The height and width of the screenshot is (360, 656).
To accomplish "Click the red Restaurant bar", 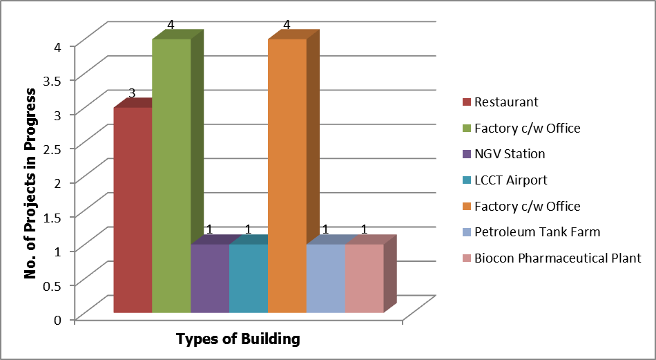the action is coord(133,210).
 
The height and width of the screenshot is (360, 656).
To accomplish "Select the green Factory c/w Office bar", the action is coord(171,176).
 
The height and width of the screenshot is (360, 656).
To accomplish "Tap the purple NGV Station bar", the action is coord(210,278).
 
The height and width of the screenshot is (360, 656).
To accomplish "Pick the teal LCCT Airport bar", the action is coord(249,278).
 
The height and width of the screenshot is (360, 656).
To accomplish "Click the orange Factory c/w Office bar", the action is coord(287,176).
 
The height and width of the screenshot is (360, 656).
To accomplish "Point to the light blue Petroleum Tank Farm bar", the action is coord(326,278).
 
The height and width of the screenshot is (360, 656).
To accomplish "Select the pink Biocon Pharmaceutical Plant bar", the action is coord(365,278).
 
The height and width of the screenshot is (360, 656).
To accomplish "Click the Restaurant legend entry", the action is coord(501,102).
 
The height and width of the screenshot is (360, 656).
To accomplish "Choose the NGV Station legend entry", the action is coord(503,154).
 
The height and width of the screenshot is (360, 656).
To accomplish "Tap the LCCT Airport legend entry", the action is coord(505,180).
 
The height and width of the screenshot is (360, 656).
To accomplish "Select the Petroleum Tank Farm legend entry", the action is coord(531,232).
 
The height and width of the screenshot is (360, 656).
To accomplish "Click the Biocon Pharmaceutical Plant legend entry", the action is coord(552,258).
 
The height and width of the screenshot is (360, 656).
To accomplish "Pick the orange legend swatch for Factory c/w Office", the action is coord(466,207).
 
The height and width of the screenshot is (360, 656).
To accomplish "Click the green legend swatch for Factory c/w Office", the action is coord(466,129).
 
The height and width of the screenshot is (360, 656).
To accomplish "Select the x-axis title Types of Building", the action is coord(238,339).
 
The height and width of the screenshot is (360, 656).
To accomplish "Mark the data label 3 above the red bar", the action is coord(132,93).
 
